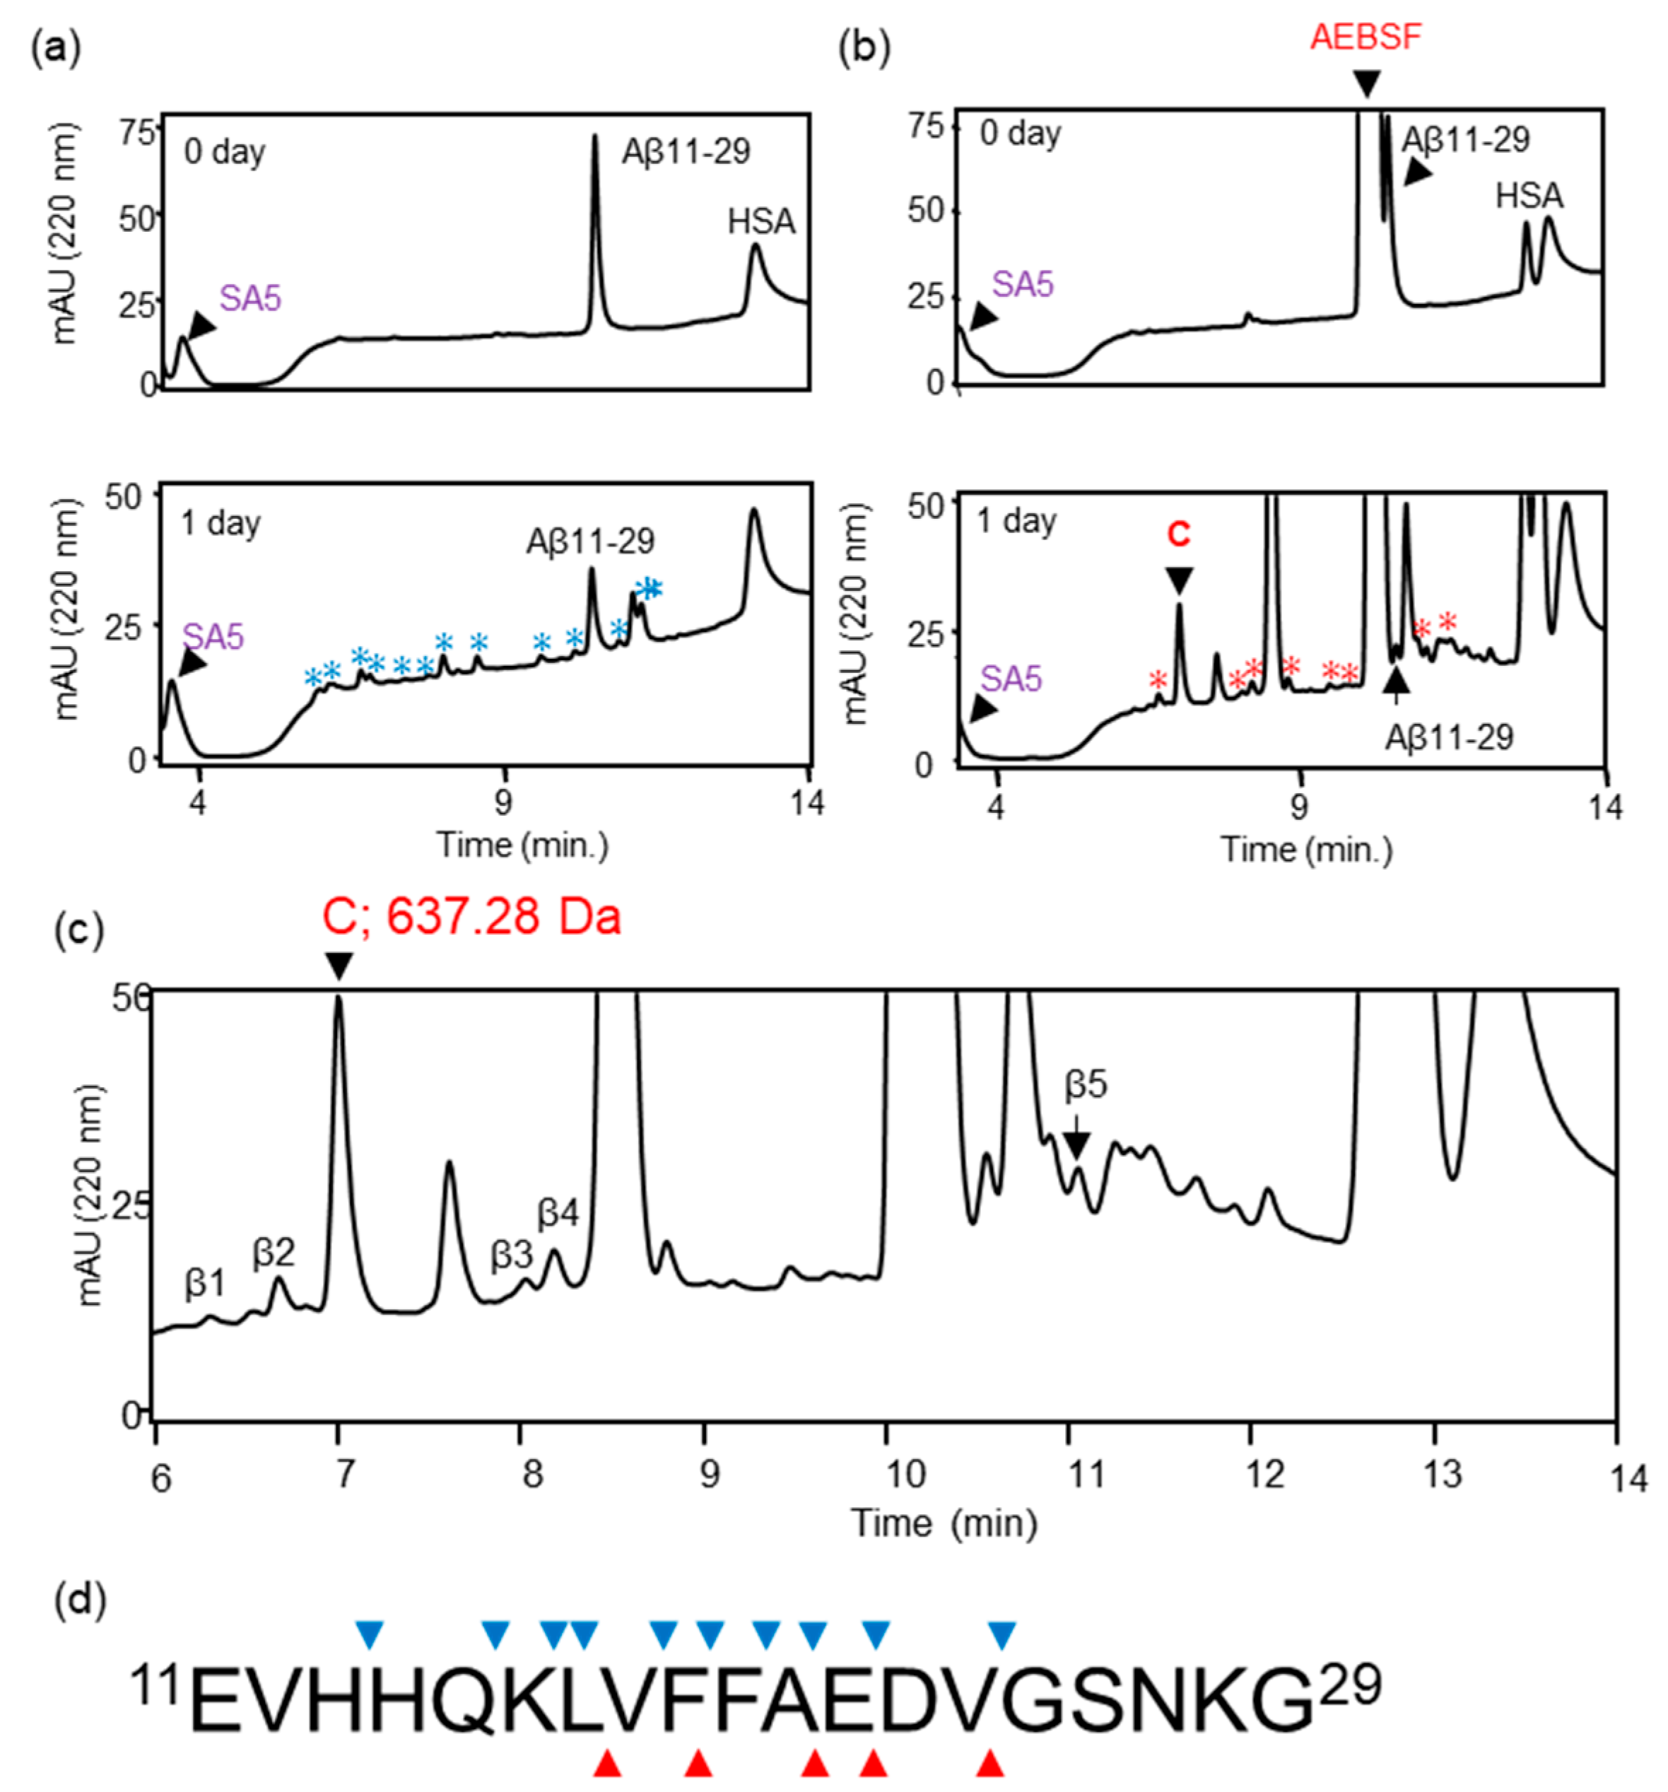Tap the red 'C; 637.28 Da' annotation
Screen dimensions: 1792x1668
pyautogui.click(x=471, y=918)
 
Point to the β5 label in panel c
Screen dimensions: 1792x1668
pyautogui.click(x=1085, y=1085)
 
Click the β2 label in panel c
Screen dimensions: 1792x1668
pyautogui.click(x=273, y=1252)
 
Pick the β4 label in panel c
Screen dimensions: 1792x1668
pyautogui.click(x=558, y=1213)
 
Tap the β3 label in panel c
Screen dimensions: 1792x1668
pyautogui.click(x=511, y=1255)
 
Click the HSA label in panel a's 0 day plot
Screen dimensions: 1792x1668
pyautogui.click(x=760, y=222)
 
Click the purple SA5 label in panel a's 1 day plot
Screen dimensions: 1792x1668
pyautogui.click(x=213, y=638)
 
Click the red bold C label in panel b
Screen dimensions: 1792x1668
pyautogui.click(x=1177, y=534)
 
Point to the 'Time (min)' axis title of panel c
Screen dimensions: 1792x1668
pyautogui.click(x=944, y=1523)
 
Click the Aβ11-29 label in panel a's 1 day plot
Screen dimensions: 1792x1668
pyautogui.click(x=590, y=541)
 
